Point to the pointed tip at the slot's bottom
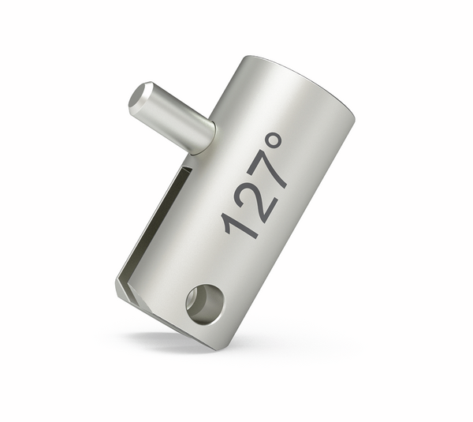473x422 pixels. pyautogui.click(x=121, y=289)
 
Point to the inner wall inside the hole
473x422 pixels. pyautogui.click(x=207, y=297)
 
